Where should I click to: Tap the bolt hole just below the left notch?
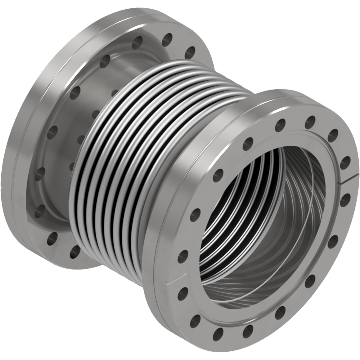182,294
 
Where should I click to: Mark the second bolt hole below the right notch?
333,242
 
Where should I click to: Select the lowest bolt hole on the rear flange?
75,250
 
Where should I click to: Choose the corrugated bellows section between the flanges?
137,158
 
